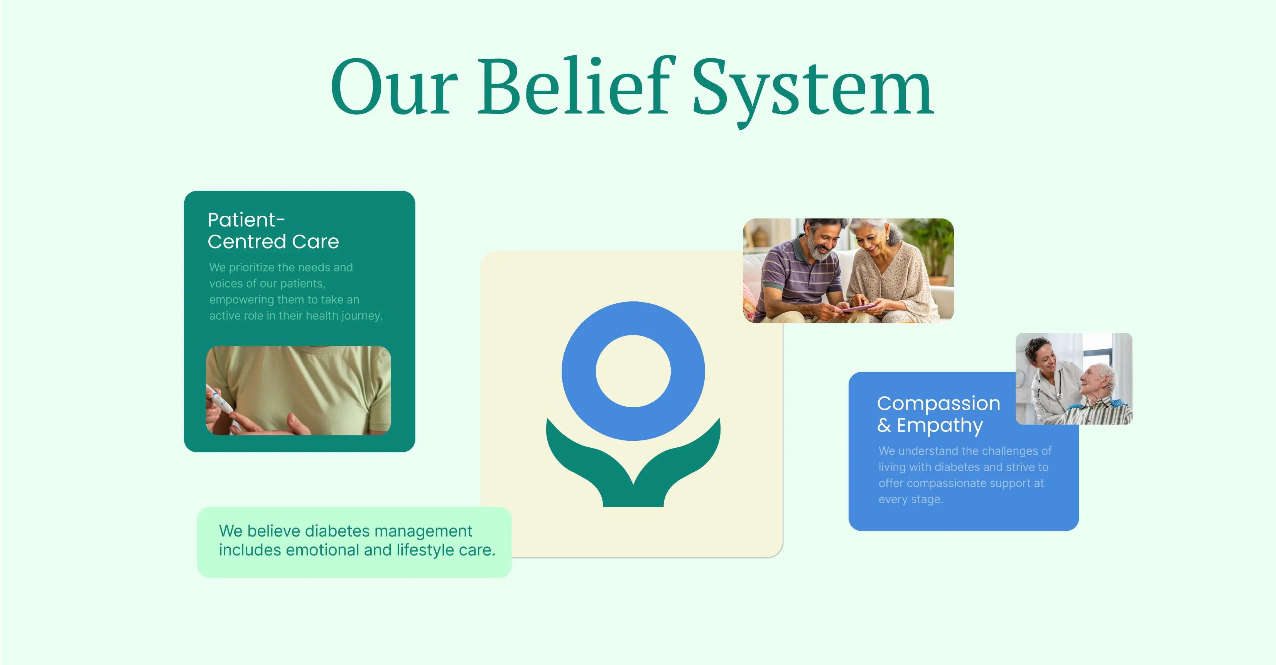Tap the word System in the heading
coord(812,89)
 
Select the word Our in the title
coord(394,89)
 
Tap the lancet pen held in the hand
coord(220,401)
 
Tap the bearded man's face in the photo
coord(822,243)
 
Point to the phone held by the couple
coord(857,308)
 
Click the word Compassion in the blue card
coord(938,403)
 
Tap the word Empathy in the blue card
coord(939,425)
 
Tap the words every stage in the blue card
coord(910,499)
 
